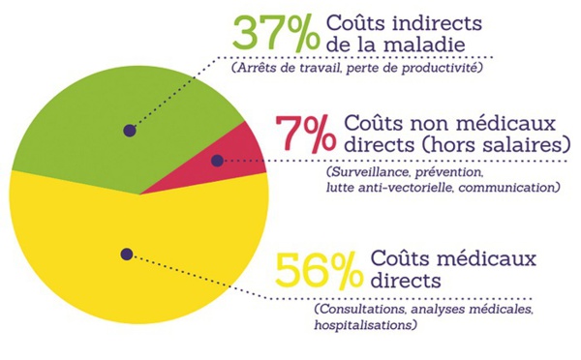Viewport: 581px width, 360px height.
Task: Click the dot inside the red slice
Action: [217, 161]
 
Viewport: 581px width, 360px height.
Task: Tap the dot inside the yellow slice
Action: [126, 254]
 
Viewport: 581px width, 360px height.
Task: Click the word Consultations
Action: [360, 310]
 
